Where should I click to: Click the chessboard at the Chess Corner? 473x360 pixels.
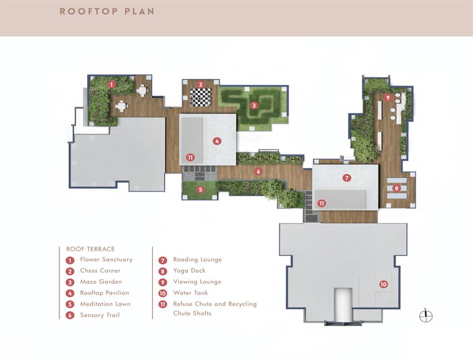(x=201, y=97)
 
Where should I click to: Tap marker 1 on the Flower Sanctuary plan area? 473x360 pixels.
(x=112, y=84)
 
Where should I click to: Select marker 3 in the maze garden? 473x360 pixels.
(x=254, y=105)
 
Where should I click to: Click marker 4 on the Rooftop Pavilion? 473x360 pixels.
(x=217, y=141)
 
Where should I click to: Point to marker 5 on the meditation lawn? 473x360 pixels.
(x=200, y=190)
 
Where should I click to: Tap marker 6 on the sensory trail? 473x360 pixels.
(x=258, y=172)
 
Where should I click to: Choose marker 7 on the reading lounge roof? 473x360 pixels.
(x=347, y=178)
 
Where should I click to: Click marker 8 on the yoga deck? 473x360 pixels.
(x=396, y=188)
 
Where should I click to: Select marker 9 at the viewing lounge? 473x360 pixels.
(x=388, y=97)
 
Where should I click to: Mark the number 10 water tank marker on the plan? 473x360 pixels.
(x=383, y=284)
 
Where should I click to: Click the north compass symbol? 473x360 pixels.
(x=426, y=316)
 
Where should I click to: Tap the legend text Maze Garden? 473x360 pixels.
(x=101, y=282)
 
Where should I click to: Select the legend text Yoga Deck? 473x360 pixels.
(x=189, y=271)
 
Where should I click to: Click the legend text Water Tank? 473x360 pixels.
(x=191, y=293)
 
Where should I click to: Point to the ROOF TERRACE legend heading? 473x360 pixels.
(x=90, y=249)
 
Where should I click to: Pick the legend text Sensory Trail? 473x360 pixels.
(x=100, y=315)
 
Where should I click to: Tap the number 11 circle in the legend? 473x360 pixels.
(x=163, y=304)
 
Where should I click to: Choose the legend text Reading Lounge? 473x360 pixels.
(x=197, y=260)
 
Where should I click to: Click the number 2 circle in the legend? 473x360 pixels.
(x=70, y=271)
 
